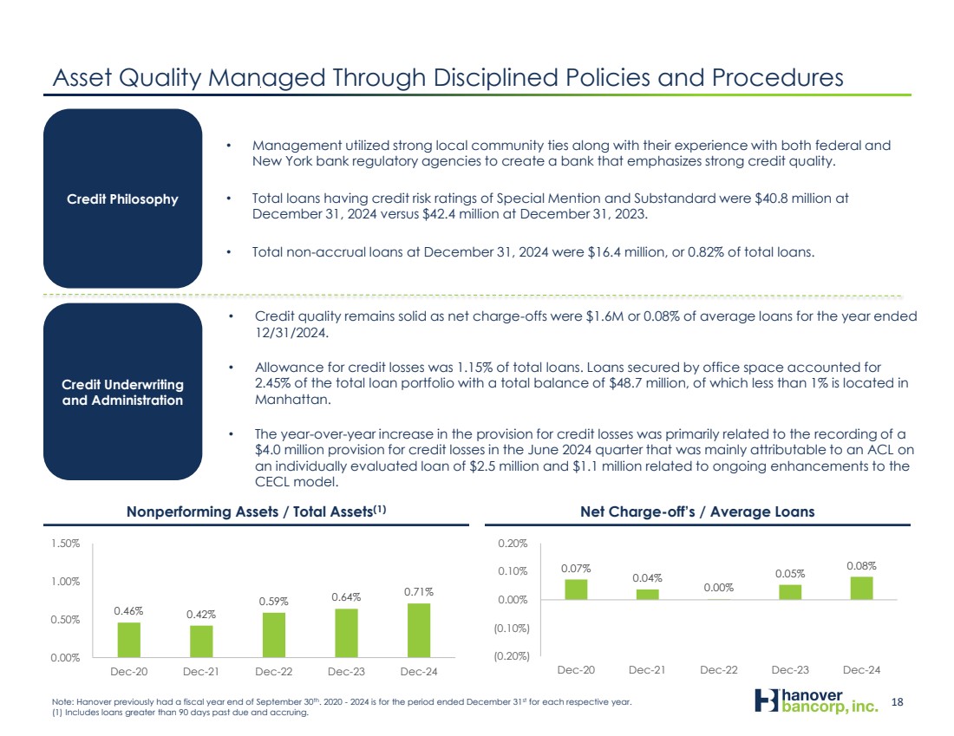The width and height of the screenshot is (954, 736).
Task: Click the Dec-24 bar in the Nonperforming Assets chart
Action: [419, 630]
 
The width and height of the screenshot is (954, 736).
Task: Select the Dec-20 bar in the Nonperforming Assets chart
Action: [128, 640]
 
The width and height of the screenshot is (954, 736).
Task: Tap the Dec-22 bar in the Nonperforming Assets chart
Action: [274, 635]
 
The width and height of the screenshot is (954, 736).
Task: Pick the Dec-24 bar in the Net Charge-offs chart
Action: [860, 588]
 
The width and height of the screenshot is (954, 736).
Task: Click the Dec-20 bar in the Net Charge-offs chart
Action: [576, 589]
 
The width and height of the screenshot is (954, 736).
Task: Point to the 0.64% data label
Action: [346, 596]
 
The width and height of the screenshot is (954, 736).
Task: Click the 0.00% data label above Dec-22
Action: [718, 587]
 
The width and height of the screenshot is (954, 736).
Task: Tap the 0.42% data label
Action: [200, 614]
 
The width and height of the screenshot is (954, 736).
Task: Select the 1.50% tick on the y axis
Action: [66, 544]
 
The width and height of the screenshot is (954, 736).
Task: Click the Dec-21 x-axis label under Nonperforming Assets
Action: [201, 670]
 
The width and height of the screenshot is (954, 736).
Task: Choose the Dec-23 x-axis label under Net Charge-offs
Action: [790, 670]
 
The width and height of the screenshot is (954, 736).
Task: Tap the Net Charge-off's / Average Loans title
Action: [699, 511]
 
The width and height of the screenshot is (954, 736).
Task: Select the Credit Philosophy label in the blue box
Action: [122, 199]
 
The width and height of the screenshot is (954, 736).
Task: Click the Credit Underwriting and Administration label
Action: [122, 392]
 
